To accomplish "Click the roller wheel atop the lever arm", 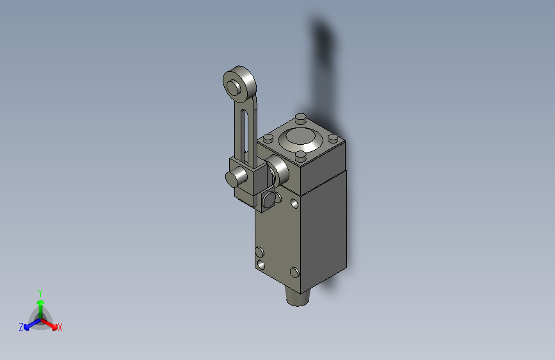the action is [x=239, y=85].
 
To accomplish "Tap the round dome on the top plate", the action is [x=300, y=139].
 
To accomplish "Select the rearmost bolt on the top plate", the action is [x=300, y=117].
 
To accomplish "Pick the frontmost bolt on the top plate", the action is [x=300, y=155].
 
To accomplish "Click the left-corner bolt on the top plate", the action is [x=268, y=138].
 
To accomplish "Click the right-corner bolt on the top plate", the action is [x=333, y=138].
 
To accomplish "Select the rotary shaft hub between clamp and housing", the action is [x=278, y=170].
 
